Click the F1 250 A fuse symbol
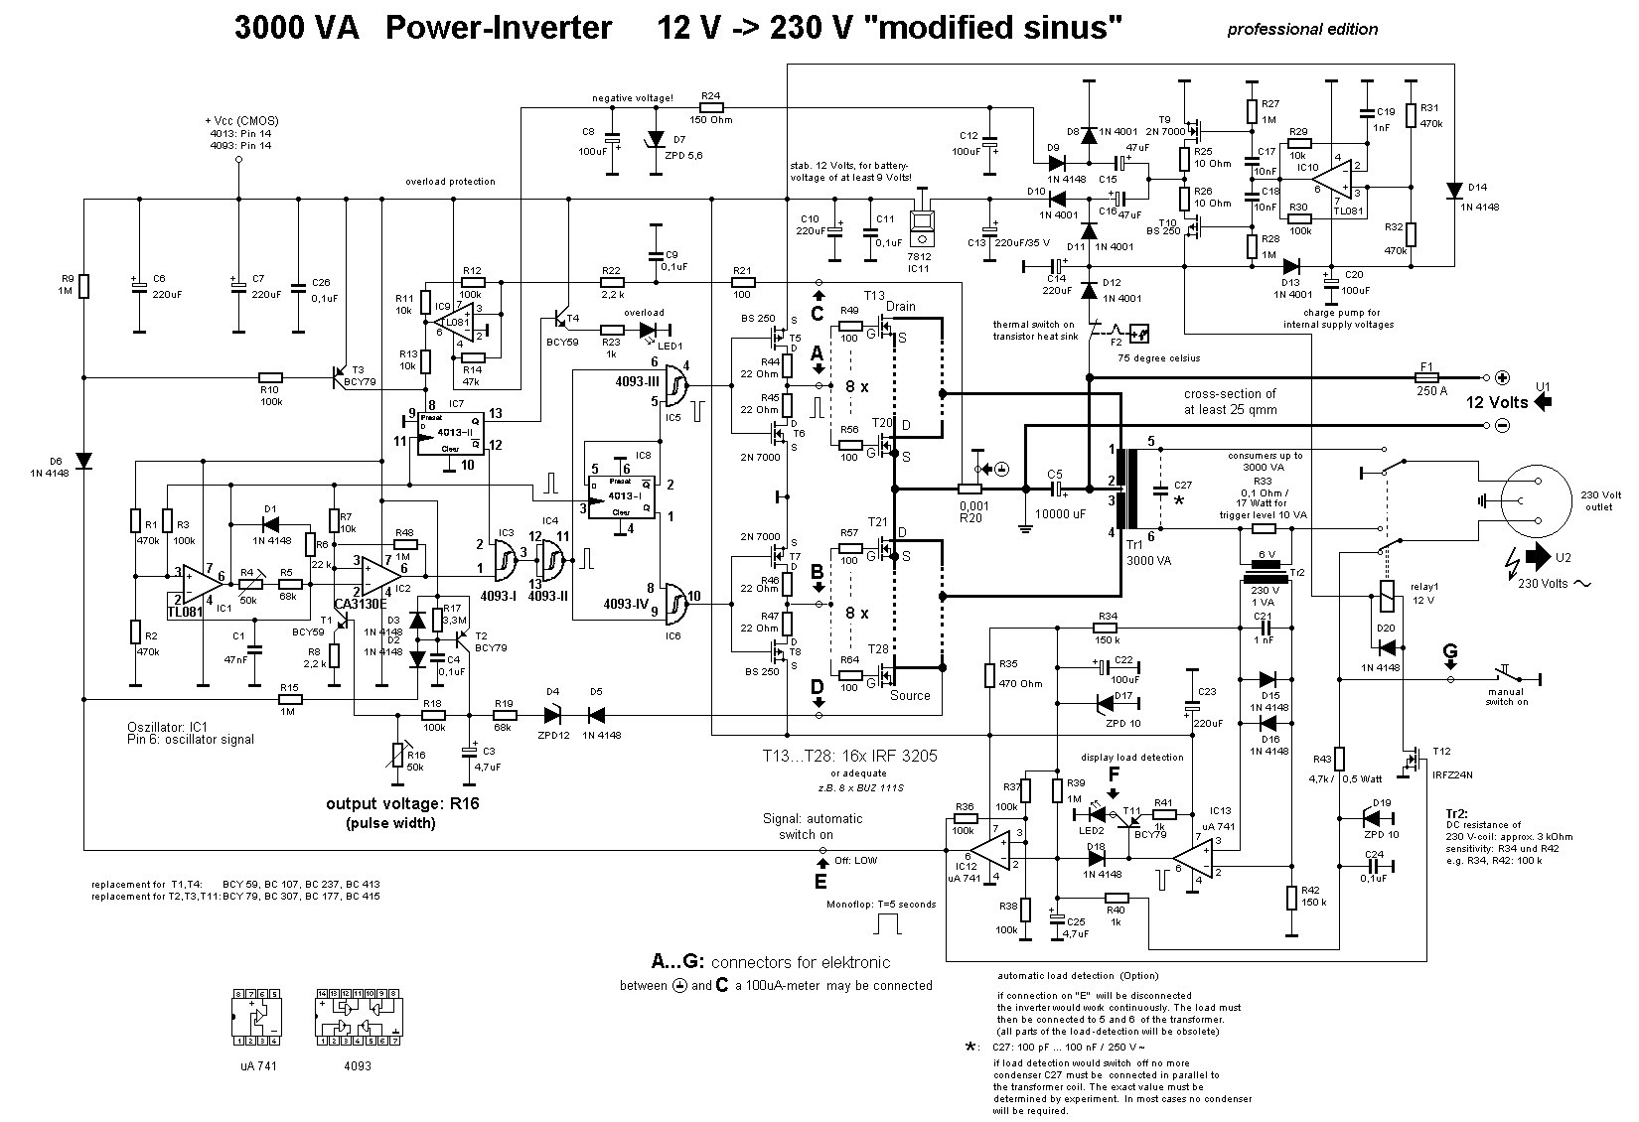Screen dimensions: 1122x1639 pyautogui.click(x=1426, y=377)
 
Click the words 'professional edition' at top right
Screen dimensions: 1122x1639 pyautogui.click(x=1302, y=29)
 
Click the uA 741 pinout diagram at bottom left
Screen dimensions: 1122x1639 pyautogui.click(x=256, y=1017)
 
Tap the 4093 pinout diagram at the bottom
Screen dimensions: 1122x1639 pyautogui.click(x=358, y=1017)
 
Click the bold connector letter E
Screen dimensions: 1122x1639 pyautogui.click(x=819, y=880)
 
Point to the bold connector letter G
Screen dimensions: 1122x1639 pyautogui.click(x=1450, y=652)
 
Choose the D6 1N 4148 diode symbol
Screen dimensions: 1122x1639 pyautogui.click(x=84, y=461)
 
